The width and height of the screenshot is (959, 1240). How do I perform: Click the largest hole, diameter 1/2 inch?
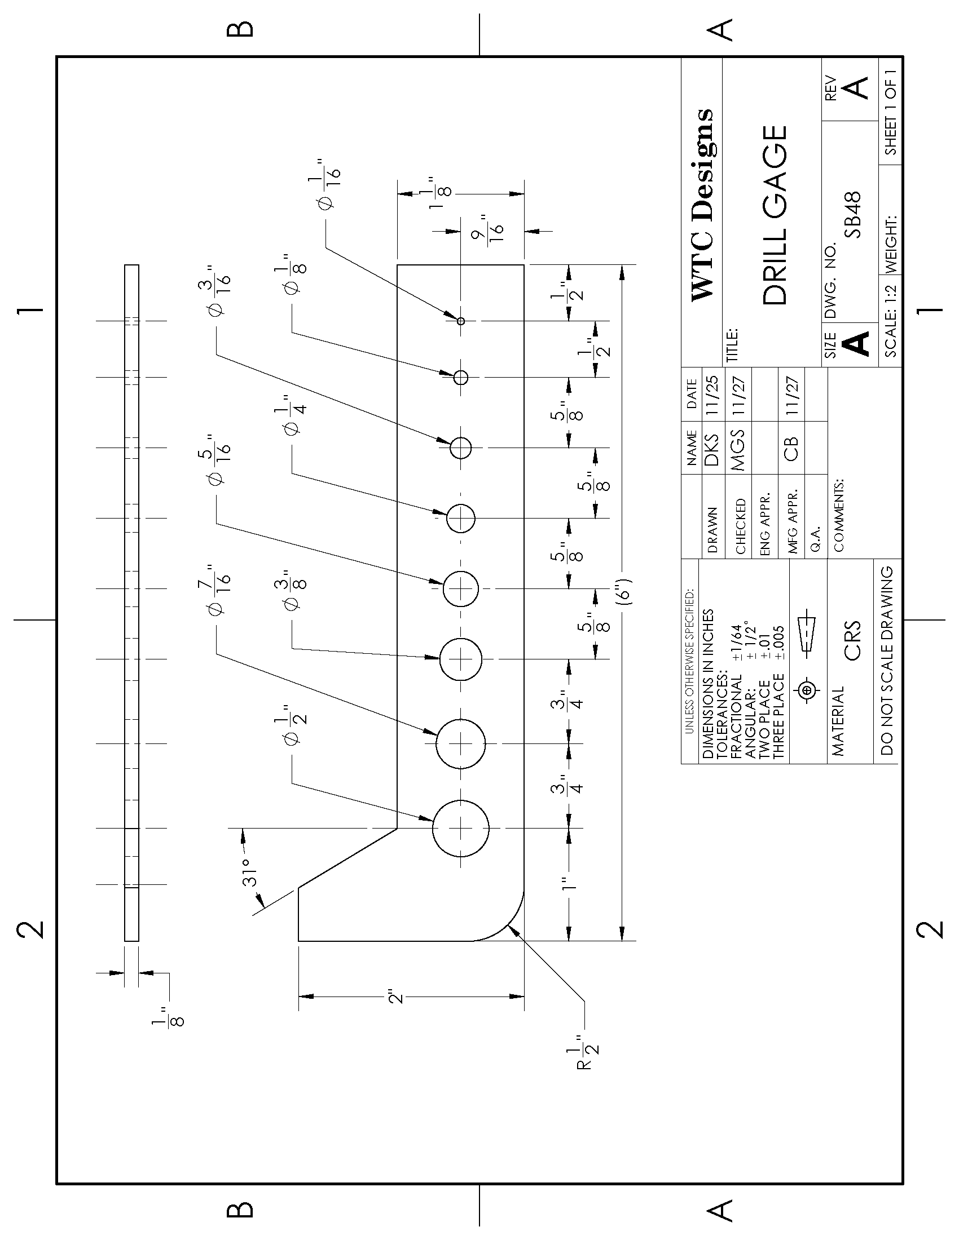[x=461, y=828]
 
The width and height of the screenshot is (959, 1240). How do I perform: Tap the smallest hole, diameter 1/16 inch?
[x=461, y=321]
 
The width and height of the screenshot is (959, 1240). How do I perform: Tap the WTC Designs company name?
[x=702, y=205]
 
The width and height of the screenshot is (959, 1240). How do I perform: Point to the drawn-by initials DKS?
[x=711, y=449]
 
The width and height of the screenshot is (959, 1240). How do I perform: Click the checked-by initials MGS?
[x=738, y=449]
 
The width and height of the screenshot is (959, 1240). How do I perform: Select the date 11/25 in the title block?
[x=711, y=395]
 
